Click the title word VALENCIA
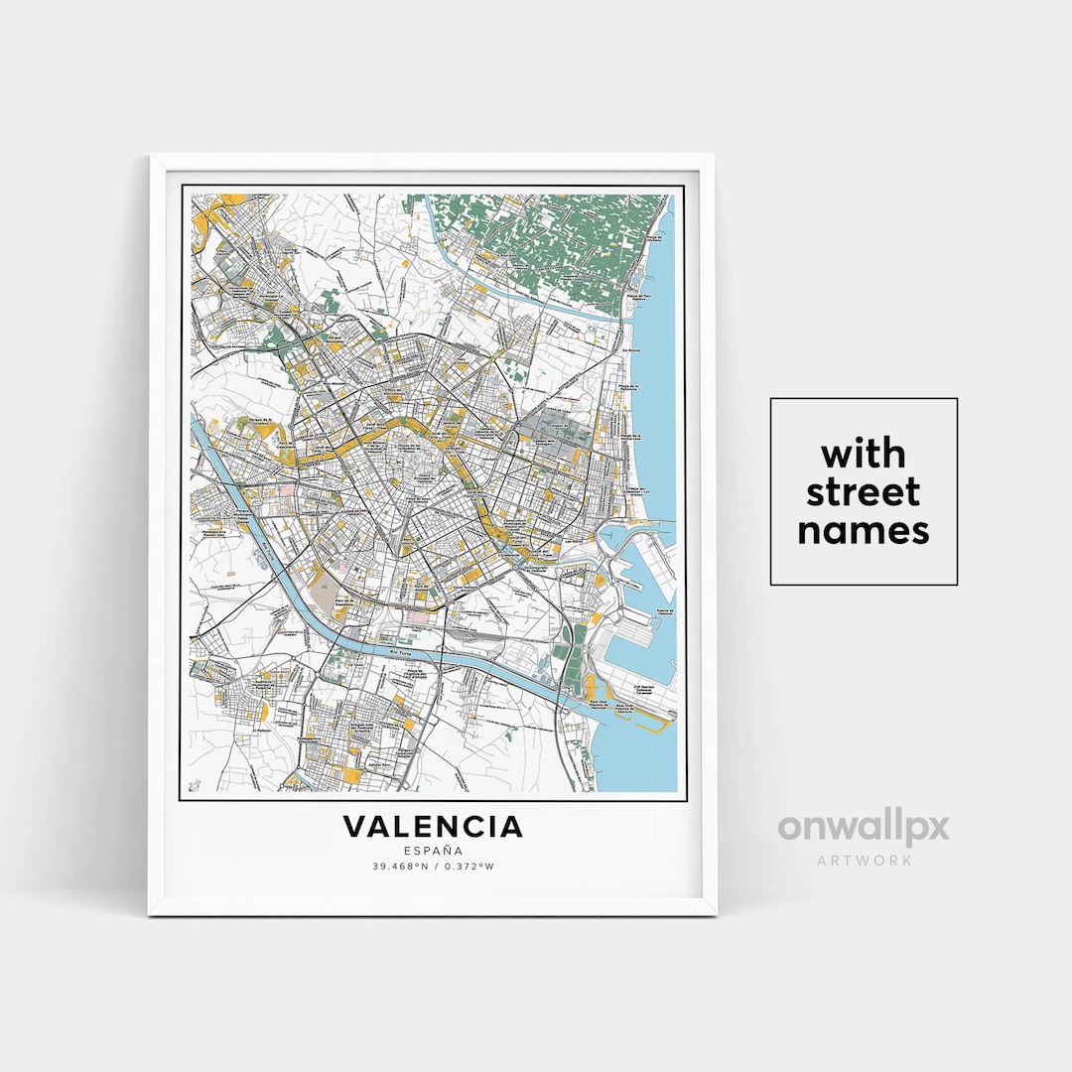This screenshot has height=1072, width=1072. (433, 826)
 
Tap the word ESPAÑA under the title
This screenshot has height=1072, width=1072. (433, 851)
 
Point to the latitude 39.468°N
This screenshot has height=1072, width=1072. (400, 867)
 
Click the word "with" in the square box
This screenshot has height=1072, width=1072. (864, 455)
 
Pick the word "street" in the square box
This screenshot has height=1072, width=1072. (864, 492)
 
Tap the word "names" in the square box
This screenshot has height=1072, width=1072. (864, 530)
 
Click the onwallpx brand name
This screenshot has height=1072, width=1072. (864, 827)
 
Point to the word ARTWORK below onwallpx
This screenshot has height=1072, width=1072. (864, 860)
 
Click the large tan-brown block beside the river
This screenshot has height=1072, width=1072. (324, 592)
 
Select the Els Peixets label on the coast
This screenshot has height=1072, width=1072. (626, 350)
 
